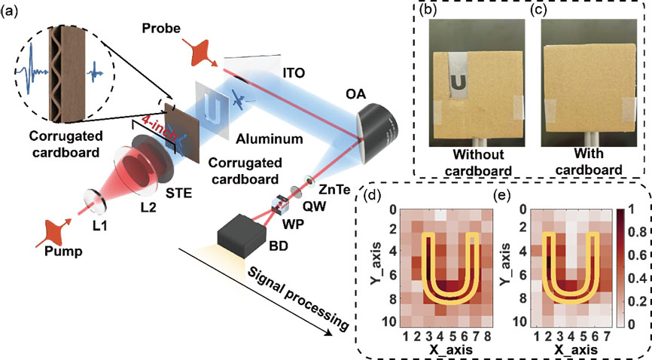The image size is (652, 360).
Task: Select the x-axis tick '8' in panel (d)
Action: pyautogui.click(x=489, y=334)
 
